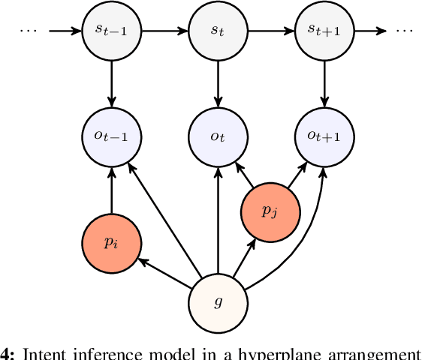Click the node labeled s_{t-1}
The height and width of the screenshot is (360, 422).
pos(112,31)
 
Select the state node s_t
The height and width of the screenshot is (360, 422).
pos(218,31)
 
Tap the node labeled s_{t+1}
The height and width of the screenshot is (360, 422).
pos(324,31)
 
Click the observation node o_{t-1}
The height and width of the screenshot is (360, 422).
pos(112,137)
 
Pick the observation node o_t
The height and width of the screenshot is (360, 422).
pos(218,137)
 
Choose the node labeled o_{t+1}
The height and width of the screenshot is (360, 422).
pos(324,137)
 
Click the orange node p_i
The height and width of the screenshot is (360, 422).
pos(112,243)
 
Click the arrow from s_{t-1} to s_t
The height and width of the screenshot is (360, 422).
pos(164,31)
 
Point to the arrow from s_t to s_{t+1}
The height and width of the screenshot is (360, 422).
pos(270,31)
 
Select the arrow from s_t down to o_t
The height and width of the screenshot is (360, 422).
pos(218,84)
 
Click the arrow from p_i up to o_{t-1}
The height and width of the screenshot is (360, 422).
pos(112,190)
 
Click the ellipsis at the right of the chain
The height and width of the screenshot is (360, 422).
pos(405,31)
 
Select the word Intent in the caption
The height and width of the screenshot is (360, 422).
pos(44,354)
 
